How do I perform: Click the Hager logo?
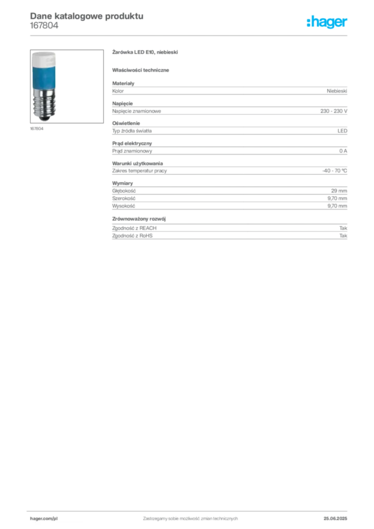[327, 22]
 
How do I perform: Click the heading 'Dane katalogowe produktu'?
[87, 16]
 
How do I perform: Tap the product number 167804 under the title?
[44, 26]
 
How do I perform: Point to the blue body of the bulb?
[44, 77]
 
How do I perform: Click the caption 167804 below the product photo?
[37, 129]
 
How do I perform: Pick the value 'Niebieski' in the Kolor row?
[337, 91]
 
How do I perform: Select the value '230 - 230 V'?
[334, 111]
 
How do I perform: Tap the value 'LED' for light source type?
[342, 131]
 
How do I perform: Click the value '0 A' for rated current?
[343, 151]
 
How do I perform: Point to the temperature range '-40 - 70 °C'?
[335, 170]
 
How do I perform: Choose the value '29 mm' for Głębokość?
[339, 191]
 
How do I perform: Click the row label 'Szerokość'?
[124, 198]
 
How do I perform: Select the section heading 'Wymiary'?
[122, 183]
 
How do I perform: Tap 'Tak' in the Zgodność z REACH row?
[343, 228]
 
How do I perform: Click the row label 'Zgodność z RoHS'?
[132, 236]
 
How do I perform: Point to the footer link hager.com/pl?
[44, 519]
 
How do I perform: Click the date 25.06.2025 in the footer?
[335, 519]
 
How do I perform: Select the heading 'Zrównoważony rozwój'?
[139, 219]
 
